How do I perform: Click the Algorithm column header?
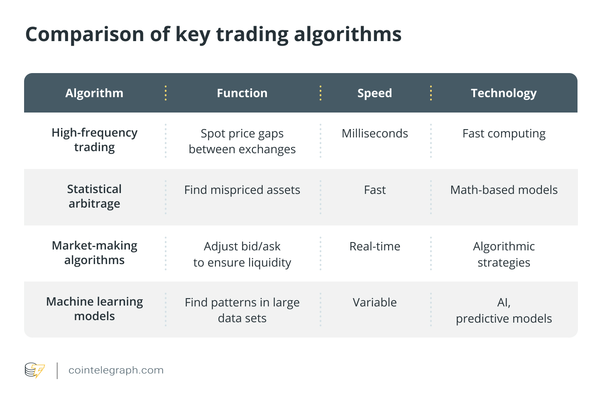click(94, 93)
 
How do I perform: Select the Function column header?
click(242, 93)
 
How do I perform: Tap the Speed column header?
click(374, 93)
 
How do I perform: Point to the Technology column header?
click(504, 93)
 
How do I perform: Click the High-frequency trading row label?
click(94, 140)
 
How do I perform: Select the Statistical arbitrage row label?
click(94, 196)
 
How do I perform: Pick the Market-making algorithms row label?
click(94, 253)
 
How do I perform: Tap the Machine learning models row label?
click(94, 309)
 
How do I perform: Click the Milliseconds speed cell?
click(374, 133)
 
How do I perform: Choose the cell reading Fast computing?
click(504, 133)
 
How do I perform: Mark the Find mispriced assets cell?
click(242, 190)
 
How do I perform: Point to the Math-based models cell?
click(504, 190)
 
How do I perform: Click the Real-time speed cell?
click(374, 246)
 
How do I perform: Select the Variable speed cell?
click(374, 302)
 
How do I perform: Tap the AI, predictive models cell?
click(504, 311)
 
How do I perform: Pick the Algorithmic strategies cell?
click(504, 254)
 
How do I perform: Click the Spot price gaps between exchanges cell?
click(242, 141)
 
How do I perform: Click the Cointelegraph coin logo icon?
click(34, 370)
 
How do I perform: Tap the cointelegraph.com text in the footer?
click(116, 370)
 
